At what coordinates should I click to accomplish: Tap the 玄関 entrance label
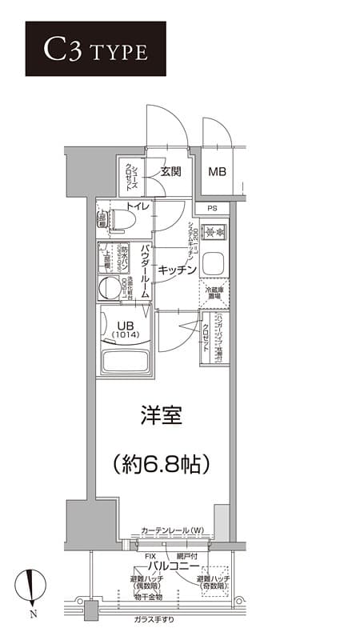pyautogui.click(x=170, y=171)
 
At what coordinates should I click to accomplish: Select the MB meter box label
pyautogui.click(x=217, y=171)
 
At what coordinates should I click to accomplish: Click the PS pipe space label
pyautogui.click(x=212, y=209)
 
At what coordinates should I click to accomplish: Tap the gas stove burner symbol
pyautogui.click(x=213, y=233)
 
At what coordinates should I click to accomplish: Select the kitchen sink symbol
pyautogui.click(x=212, y=262)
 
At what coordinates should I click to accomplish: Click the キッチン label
pyautogui.click(x=177, y=270)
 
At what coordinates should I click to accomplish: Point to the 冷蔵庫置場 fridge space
pyautogui.click(x=213, y=293)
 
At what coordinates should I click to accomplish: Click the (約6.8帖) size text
pyautogui.click(x=162, y=462)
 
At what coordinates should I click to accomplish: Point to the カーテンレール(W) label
pyautogui.click(x=172, y=530)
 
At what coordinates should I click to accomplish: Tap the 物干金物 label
pyautogui.click(x=147, y=597)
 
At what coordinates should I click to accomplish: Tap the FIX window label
pyautogui.click(x=150, y=554)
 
